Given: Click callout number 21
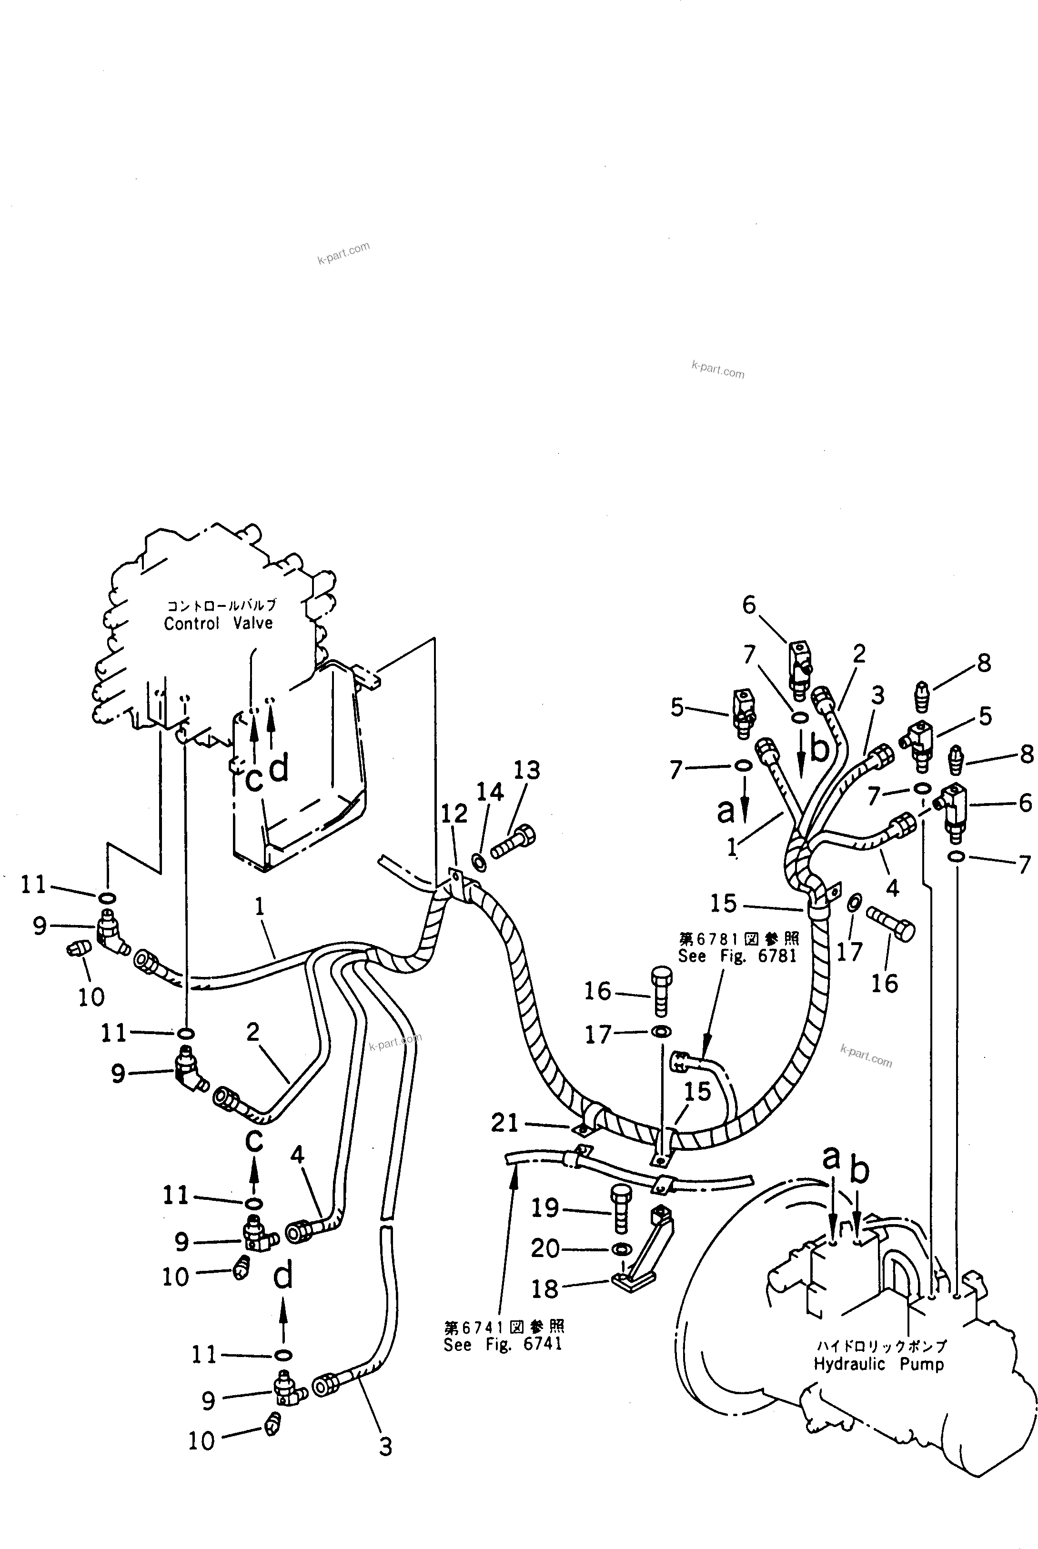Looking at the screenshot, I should coord(504,1123).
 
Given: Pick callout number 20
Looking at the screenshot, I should coord(545,1248).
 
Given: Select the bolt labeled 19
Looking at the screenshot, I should coord(620,1209).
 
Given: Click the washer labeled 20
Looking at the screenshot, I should coord(620,1248).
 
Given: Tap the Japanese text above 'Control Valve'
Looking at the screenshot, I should coord(221,604).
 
